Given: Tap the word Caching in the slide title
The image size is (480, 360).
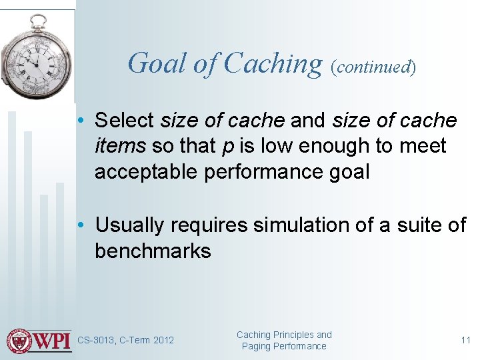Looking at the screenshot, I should click(273, 63).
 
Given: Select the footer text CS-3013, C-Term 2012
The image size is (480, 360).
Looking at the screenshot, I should click(125, 341).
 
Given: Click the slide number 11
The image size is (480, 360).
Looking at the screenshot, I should click(465, 341).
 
